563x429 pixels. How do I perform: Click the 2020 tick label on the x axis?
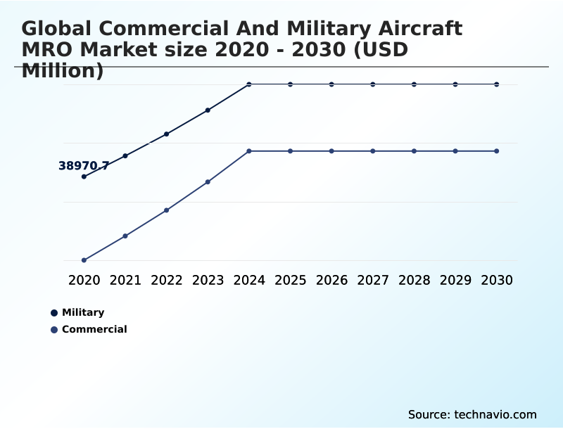(x=84, y=280)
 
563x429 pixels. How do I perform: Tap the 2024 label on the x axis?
(x=249, y=280)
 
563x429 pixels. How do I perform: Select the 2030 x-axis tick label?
(x=497, y=280)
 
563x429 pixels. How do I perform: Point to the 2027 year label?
(x=373, y=280)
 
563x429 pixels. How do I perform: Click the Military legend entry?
(x=82, y=312)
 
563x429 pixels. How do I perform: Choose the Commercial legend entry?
(x=94, y=329)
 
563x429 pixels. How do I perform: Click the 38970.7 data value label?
(x=83, y=166)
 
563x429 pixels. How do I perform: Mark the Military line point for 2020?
(x=84, y=177)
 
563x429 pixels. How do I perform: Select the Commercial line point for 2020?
(x=84, y=260)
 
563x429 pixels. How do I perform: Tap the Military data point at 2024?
(x=249, y=84)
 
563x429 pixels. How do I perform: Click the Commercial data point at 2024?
(x=249, y=151)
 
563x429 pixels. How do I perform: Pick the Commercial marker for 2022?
(x=167, y=210)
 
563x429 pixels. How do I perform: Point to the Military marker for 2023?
(x=208, y=110)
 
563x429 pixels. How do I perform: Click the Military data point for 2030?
(x=497, y=84)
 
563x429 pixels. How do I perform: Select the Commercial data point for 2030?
(x=497, y=151)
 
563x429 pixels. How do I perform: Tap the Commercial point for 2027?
(x=373, y=151)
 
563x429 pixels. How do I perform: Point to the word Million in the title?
(x=63, y=70)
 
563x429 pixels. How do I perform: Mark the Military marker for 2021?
(x=125, y=155)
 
